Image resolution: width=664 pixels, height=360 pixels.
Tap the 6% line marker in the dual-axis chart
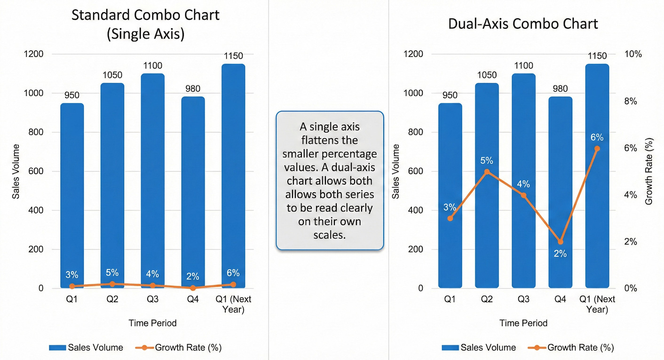pos(597,149)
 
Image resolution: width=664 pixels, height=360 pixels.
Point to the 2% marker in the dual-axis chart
pos(560,242)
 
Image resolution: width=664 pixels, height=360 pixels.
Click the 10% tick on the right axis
pos(632,54)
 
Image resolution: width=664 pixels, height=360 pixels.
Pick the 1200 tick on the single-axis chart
pos(34,54)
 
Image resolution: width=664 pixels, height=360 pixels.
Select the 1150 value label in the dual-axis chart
pos(597,56)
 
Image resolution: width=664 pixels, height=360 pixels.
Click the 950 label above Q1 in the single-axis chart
pos(71,95)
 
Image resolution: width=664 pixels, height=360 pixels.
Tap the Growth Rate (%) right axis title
pos(649,171)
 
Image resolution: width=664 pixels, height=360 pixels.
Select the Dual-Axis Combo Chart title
pos(523,24)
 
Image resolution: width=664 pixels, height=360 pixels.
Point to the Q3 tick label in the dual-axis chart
pos(523,299)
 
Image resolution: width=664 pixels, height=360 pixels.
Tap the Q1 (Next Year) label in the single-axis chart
pos(233,304)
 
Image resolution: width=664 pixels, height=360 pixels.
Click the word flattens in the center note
pos(329,140)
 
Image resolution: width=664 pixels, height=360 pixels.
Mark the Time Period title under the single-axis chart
pos(152,323)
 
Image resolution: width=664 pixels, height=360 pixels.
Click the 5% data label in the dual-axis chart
pos(487,160)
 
